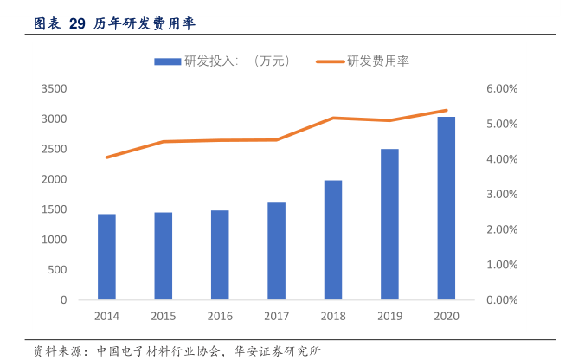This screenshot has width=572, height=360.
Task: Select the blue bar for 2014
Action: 106,256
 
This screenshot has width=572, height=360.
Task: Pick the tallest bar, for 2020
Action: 447,208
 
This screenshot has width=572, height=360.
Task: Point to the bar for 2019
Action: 389,224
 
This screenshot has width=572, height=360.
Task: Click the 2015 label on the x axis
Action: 163,317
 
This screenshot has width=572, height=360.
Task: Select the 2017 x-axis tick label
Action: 276,317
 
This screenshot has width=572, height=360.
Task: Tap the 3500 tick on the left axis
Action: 54,89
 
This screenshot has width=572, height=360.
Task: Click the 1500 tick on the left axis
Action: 54,209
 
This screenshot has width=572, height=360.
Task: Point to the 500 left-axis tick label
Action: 57,270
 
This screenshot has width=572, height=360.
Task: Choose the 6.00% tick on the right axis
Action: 501,89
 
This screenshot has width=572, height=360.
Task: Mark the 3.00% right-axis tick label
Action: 501,195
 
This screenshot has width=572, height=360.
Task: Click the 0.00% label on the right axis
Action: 501,300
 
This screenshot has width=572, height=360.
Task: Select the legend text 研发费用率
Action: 377,61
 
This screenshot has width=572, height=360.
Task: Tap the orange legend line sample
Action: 330,61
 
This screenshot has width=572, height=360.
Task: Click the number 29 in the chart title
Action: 76,23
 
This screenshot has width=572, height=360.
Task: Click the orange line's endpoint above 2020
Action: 447,111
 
